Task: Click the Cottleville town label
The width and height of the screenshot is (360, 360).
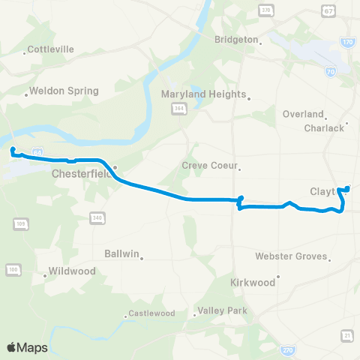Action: tap(51, 50)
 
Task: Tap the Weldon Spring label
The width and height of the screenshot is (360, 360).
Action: tap(67, 91)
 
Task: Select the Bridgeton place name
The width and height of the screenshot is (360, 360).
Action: tap(235, 39)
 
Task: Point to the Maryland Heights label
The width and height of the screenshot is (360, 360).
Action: tap(203, 94)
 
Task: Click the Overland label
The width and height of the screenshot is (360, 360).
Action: tap(302, 114)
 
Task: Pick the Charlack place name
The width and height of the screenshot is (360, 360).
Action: tap(323, 127)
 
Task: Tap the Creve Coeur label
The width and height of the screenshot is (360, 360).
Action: tap(209, 166)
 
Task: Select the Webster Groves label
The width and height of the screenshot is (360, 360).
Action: tap(291, 256)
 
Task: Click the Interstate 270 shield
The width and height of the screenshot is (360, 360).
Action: tap(287, 349)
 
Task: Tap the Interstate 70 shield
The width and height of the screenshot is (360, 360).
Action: tap(331, 71)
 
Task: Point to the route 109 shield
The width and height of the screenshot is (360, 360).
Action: tap(19, 224)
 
